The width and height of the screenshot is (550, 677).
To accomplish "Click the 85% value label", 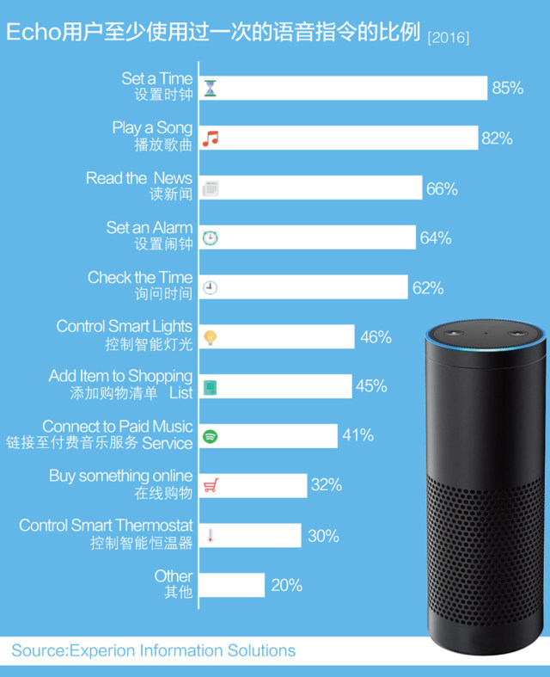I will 507,88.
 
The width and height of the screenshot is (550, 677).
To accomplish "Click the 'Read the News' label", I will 139,178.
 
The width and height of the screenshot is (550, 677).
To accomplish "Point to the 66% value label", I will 442,188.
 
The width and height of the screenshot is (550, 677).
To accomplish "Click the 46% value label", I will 376,337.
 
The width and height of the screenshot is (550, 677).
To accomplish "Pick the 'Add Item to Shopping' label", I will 120,376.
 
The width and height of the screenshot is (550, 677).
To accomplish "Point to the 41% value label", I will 357,436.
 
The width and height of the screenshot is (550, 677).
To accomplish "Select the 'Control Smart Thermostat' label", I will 107,526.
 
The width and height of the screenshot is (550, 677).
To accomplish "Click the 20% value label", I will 286,585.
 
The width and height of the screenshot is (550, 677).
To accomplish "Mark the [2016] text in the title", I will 448,37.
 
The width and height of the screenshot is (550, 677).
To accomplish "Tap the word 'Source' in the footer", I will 38,651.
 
